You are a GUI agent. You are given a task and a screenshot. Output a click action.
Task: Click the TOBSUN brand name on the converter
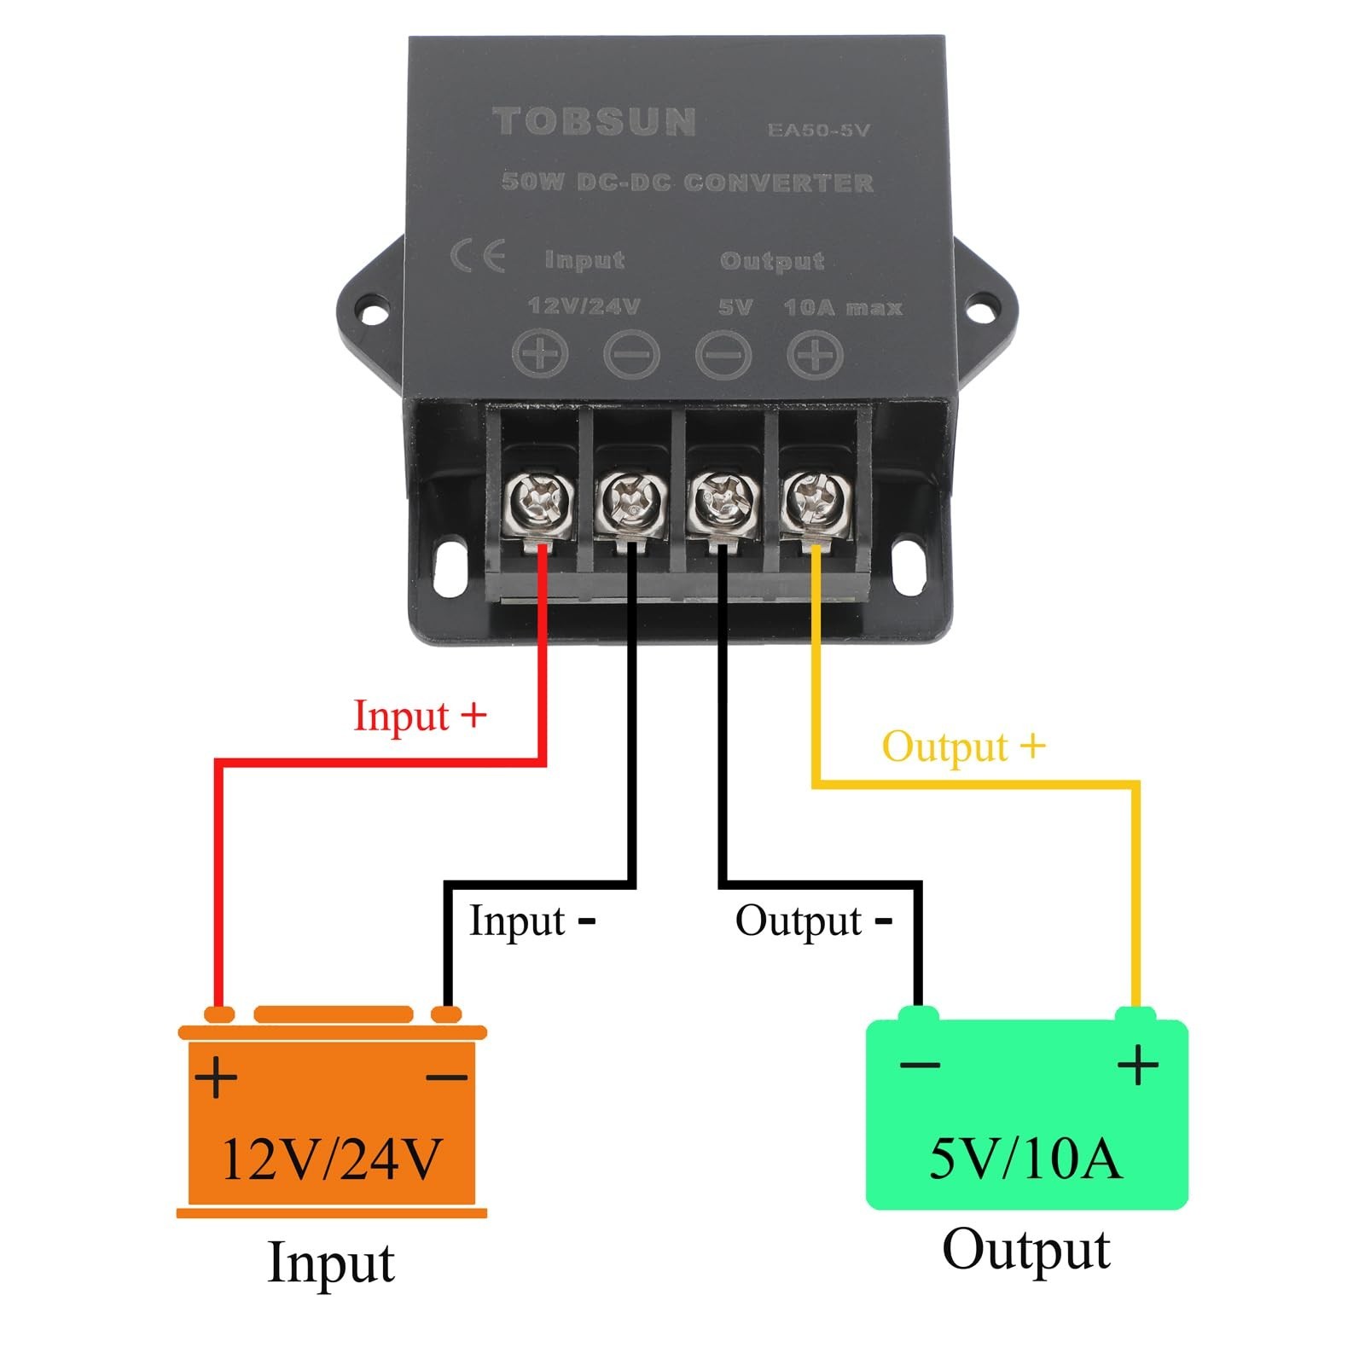(595, 121)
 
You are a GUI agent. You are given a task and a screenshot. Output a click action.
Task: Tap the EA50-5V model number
(818, 130)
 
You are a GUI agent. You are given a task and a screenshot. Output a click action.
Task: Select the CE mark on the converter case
(478, 256)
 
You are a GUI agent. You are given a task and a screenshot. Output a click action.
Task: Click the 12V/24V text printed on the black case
(584, 305)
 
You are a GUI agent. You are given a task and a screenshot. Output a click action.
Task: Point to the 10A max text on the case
(843, 307)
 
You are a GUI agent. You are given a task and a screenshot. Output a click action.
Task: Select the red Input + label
(420, 715)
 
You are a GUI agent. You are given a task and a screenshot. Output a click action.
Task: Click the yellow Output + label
(963, 746)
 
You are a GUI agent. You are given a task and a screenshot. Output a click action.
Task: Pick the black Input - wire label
(532, 921)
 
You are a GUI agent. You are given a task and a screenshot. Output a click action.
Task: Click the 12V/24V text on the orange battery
(331, 1159)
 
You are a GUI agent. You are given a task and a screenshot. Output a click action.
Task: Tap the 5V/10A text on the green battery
(1025, 1159)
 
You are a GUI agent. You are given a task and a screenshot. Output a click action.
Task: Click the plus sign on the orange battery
(216, 1077)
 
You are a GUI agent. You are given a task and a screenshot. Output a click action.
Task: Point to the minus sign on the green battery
(920, 1065)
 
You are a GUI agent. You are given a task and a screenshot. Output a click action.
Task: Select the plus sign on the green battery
(1138, 1065)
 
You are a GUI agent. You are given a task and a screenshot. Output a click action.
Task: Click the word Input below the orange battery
(331, 1263)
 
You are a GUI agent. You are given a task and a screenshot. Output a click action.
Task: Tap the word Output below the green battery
(1026, 1251)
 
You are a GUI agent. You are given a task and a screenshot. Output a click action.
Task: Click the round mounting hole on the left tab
(371, 315)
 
